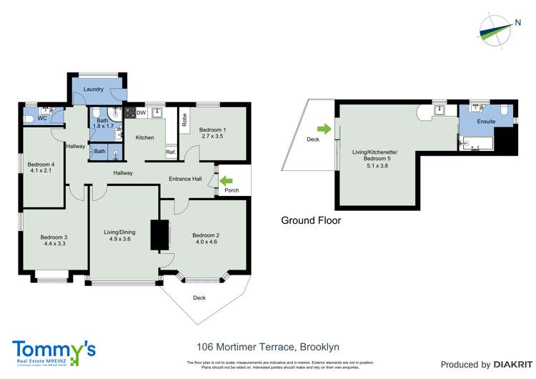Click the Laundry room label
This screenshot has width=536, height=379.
click(x=94, y=89)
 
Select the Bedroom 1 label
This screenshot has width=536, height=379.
click(x=213, y=127)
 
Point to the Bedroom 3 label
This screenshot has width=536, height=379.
click(x=54, y=237)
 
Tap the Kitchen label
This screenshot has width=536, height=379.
click(x=144, y=137)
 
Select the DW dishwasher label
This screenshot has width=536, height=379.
click(x=142, y=113)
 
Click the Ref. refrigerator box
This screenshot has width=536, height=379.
click(x=171, y=152)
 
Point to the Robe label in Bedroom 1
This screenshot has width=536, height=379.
click(x=184, y=119)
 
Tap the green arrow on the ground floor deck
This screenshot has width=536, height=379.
click(x=324, y=129)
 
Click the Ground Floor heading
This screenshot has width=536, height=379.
click(x=311, y=221)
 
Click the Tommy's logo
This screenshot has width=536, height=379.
click(x=54, y=352)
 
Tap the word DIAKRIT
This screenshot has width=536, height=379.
click(x=509, y=365)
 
